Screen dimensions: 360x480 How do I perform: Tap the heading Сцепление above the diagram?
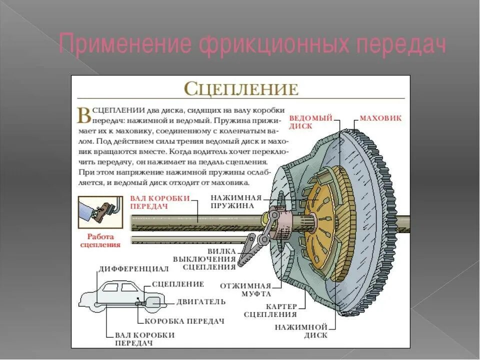pos(241,89)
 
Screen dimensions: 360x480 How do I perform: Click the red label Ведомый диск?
pos(311,122)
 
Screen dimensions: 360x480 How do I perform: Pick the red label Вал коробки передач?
pos(160,202)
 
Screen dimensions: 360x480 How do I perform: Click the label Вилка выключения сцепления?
pos(204,259)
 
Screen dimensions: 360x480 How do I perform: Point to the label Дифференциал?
pos(133,269)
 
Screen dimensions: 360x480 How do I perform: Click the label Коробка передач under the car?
pos(184,321)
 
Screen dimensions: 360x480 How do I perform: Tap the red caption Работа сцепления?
pos(100,241)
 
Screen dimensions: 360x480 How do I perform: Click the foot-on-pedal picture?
pos(100,212)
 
